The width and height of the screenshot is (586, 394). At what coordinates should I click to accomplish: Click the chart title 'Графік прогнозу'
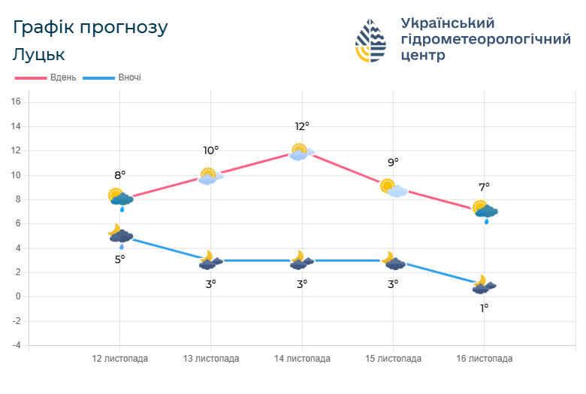click(90, 28)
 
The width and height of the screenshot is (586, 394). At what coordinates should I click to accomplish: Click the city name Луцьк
click(39, 55)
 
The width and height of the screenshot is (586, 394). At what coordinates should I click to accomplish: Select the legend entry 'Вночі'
click(129, 77)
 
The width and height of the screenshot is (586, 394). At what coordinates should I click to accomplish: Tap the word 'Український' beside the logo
click(448, 23)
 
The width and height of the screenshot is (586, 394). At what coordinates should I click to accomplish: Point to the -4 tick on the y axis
click(15, 345)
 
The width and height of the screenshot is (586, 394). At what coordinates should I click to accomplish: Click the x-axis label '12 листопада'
click(120, 359)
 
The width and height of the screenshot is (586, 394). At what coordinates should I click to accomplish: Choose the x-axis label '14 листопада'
click(302, 359)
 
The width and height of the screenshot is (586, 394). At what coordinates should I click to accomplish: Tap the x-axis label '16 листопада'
click(484, 359)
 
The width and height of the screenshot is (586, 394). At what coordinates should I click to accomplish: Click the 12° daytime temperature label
click(302, 126)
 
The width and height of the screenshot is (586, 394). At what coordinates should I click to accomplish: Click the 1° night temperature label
click(484, 308)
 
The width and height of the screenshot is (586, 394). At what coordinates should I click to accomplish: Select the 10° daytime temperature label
click(211, 150)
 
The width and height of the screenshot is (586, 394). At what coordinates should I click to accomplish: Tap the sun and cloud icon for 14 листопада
click(301, 152)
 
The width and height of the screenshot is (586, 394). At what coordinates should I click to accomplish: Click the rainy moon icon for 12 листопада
click(119, 235)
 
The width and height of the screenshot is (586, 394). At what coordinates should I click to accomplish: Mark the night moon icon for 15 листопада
click(393, 261)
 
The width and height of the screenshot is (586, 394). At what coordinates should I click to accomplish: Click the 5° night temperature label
click(119, 259)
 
